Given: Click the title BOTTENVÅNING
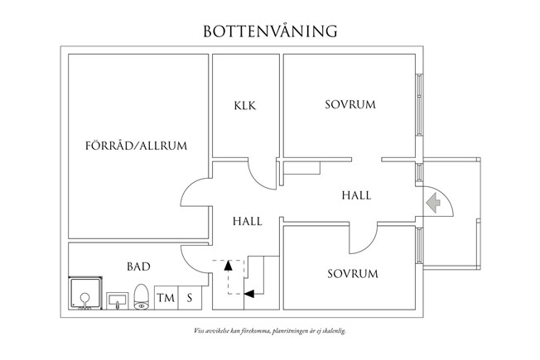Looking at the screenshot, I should pyautogui.click(x=270, y=31).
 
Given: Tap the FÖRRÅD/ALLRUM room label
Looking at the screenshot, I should pyautogui.click(x=137, y=146).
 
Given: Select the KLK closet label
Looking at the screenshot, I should pyautogui.click(x=245, y=106).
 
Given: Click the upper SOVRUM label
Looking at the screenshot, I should pyautogui.click(x=350, y=105).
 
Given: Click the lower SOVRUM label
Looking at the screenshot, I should pyautogui.click(x=352, y=274).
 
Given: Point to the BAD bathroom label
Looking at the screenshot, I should pyautogui.click(x=138, y=266).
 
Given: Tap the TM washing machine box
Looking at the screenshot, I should pyautogui.click(x=166, y=297).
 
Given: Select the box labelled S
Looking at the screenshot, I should pyautogui.click(x=190, y=297).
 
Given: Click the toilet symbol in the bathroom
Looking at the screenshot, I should pyautogui.click(x=141, y=296).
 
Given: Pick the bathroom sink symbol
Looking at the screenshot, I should pyautogui.click(x=117, y=299).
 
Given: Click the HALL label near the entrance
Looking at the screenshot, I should pyautogui.click(x=356, y=196).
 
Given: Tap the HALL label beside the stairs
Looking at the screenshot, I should pyautogui.click(x=248, y=221).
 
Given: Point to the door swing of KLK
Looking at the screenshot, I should pyautogui.click(x=263, y=173).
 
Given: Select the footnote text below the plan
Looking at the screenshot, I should pyautogui.click(x=270, y=330).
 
